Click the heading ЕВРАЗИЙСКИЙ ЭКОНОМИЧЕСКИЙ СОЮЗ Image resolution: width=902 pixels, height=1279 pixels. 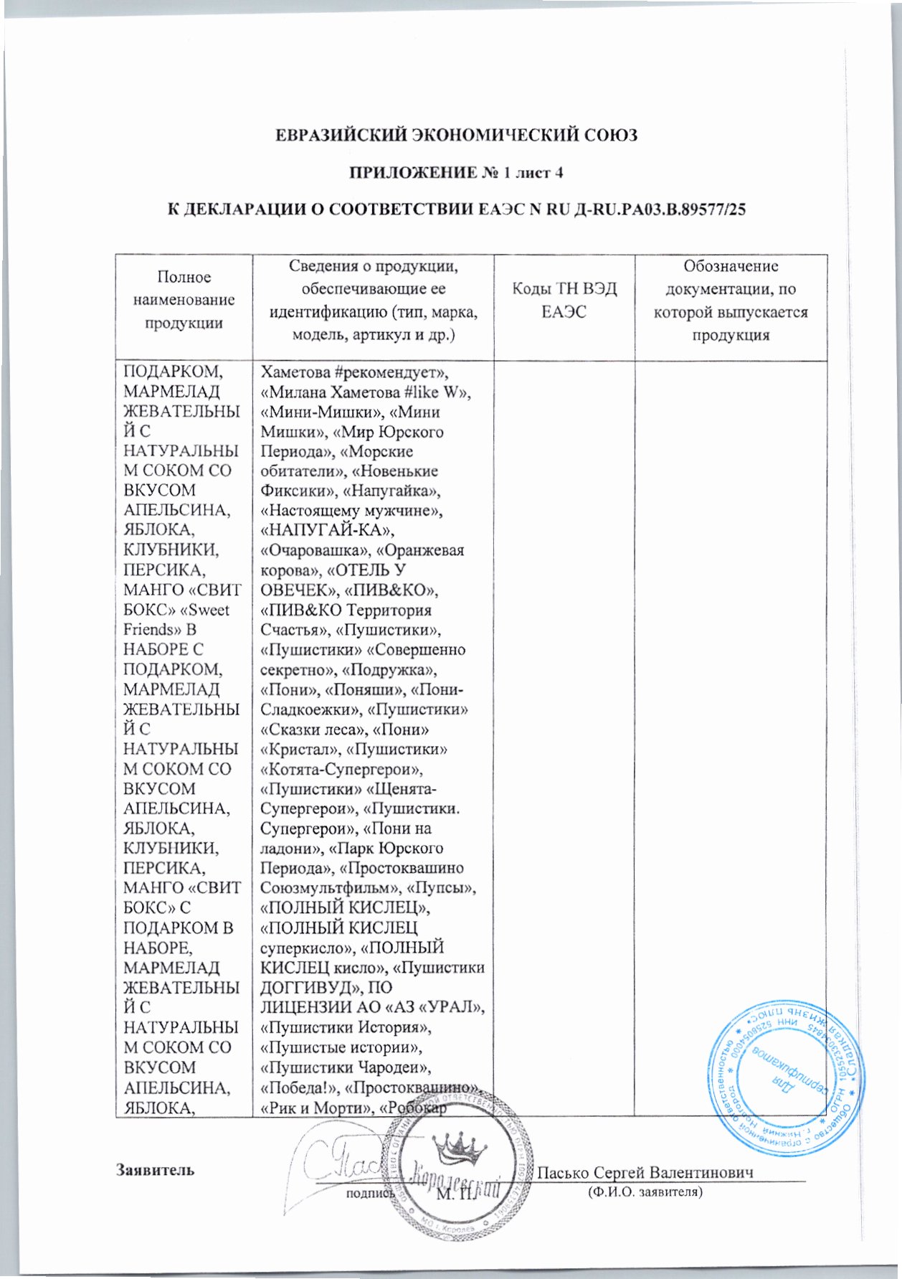[x=457, y=136]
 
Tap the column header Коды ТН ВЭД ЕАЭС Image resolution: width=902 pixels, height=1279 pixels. [x=564, y=301]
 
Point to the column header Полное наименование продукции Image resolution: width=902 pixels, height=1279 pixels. [x=184, y=301]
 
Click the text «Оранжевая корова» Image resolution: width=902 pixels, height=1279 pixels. [x=362, y=560]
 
